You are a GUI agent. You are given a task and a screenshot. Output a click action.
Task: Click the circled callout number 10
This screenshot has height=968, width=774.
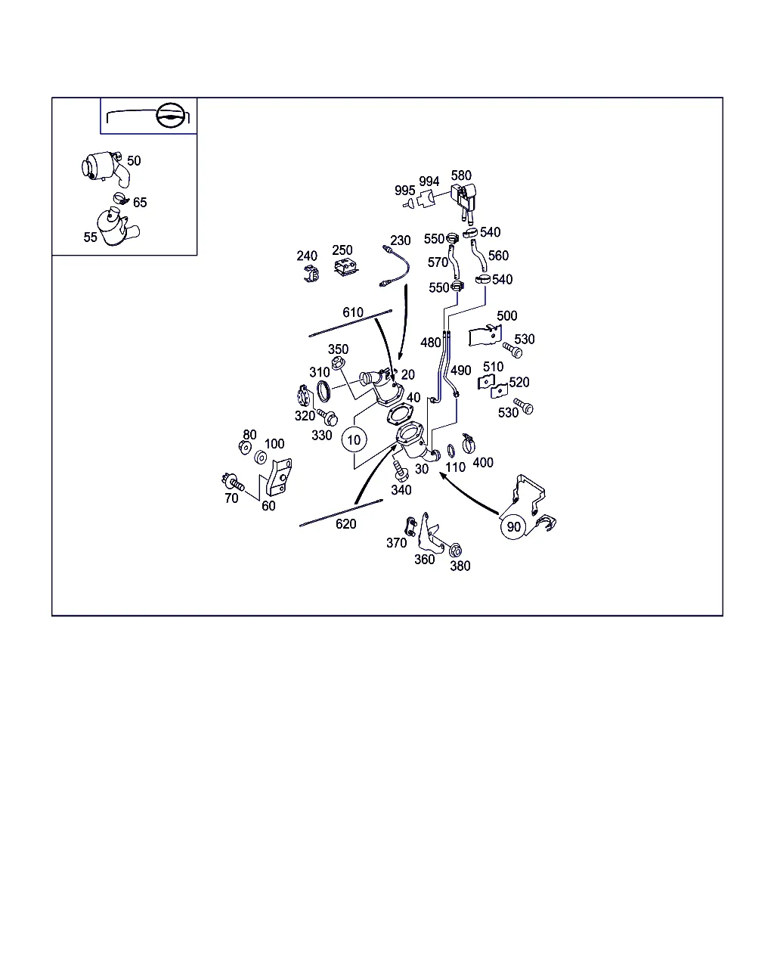(354, 439)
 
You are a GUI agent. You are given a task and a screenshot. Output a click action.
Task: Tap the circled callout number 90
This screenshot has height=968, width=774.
(513, 527)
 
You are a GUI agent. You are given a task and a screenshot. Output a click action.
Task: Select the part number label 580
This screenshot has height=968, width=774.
(461, 175)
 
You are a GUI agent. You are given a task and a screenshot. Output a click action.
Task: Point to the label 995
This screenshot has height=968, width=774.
(404, 191)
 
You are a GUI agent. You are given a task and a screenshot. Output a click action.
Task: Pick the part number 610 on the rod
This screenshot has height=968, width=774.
(352, 312)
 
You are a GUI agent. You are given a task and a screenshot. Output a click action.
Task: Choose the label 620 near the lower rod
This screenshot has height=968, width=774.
(345, 523)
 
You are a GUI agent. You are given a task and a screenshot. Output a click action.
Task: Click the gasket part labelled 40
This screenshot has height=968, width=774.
(399, 414)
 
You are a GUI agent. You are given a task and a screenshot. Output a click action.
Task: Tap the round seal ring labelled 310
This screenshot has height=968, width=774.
(324, 391)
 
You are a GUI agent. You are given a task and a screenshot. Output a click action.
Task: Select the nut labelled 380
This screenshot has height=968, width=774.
(455, 550)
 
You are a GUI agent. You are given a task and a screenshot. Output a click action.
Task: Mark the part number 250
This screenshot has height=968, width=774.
(342, 250)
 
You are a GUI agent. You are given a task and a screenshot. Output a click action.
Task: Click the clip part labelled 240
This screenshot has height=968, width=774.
(311, 274)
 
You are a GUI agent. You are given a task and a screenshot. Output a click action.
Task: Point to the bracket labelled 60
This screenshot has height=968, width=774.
(279, 476)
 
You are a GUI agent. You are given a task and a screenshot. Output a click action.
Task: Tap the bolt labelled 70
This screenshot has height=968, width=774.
(233, 482)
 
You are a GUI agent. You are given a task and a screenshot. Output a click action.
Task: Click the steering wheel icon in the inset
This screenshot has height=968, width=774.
(171, 115)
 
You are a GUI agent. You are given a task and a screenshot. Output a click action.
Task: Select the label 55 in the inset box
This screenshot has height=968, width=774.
(90, 237)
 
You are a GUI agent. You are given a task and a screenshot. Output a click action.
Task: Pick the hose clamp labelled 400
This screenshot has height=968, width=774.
(468, 443)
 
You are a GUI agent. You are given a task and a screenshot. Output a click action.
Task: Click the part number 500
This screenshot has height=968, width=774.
(506, 316)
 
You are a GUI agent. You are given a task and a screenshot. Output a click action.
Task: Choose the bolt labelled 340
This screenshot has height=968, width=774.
(399, 470)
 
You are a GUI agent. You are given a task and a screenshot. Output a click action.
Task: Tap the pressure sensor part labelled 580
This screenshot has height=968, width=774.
(464, 201)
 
